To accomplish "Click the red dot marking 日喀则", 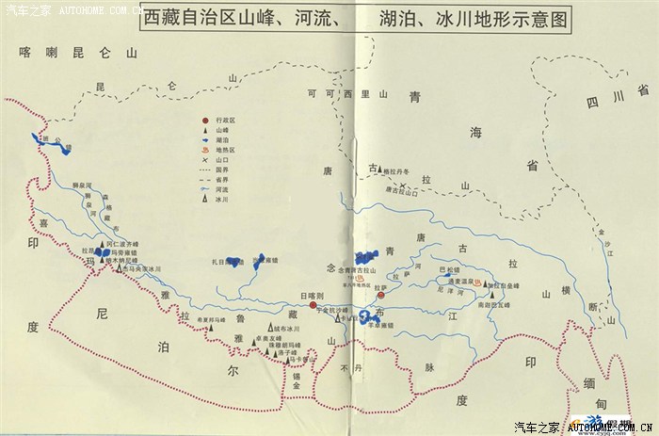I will coord(313,305).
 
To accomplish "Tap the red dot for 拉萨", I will coord(380,295).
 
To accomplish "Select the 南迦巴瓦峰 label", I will coord(493,306).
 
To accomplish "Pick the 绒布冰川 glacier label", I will coord(282,330).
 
